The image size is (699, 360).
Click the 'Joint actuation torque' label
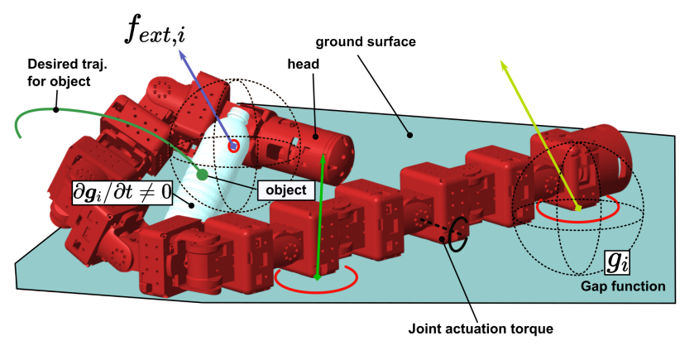click(x=480, y=329)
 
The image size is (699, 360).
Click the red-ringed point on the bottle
click(x=234, y=146)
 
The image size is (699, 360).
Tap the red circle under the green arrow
click(x=316, y=279)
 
